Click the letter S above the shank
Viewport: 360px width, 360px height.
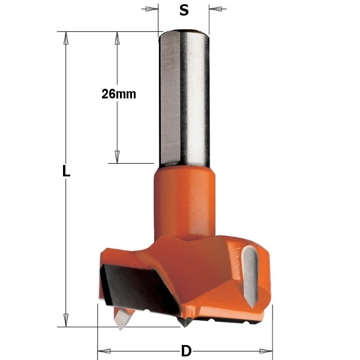[x=184, y=10]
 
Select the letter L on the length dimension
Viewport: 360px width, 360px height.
[x=66, y=172]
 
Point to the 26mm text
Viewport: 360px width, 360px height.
[x=119, y=94]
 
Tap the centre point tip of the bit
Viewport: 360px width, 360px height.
[x=185, y=323]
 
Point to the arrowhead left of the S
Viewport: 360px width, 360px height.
[x=152, y=9]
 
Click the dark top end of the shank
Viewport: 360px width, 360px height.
[x=184, y=32]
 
